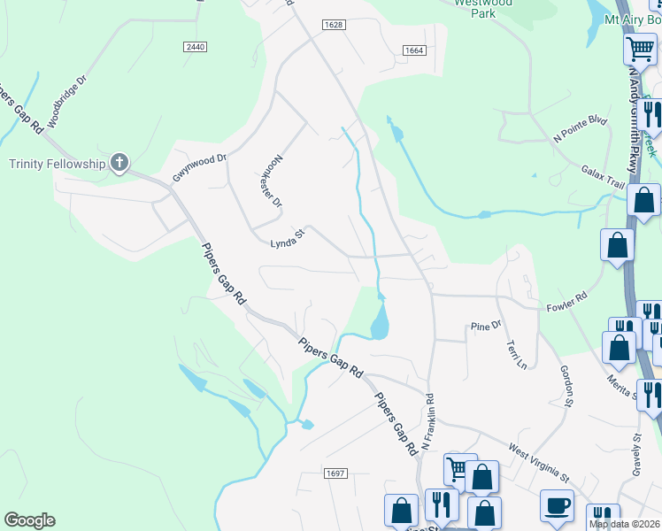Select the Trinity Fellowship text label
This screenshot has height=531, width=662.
tap(57, 163)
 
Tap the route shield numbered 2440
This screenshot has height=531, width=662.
tap(196, 46)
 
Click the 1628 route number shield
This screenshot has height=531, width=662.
tap(334, 26)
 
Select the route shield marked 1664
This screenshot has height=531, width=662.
tap(414, 51)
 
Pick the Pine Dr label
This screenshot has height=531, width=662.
tap(486, 327)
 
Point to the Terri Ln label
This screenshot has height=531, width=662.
tap(516, 354)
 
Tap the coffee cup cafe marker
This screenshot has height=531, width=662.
tap(557, 506)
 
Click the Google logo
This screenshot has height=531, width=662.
tap(29, 520)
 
